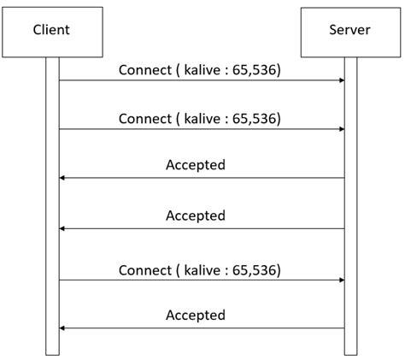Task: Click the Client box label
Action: click(x=51, y=30)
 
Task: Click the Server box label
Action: click(x=349, y=30)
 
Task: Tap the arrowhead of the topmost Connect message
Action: click(x=342, y=80)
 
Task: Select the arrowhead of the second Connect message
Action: click(x=342, y=129)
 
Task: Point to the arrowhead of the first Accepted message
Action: click(x=62, y=178)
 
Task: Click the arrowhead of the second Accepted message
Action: click(x=62, y=228)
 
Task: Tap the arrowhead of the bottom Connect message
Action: click(x=342, y=280)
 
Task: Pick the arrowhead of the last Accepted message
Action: click(x=62, y=328)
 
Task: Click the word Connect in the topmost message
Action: click(x=145, y=70)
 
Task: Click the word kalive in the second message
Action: click(x=202, y=119)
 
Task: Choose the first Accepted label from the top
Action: click(x=196, y=165)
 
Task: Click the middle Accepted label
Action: click(x=196, y=215)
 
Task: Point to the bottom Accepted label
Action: click(x=196, y=315)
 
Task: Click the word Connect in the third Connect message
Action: click(x=145, y=270)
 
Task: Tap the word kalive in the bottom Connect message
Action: click(x=202, y=270)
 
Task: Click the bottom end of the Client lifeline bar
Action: click(x=52, y=355)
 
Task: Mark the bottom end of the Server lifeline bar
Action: click(x=350, y=355)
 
